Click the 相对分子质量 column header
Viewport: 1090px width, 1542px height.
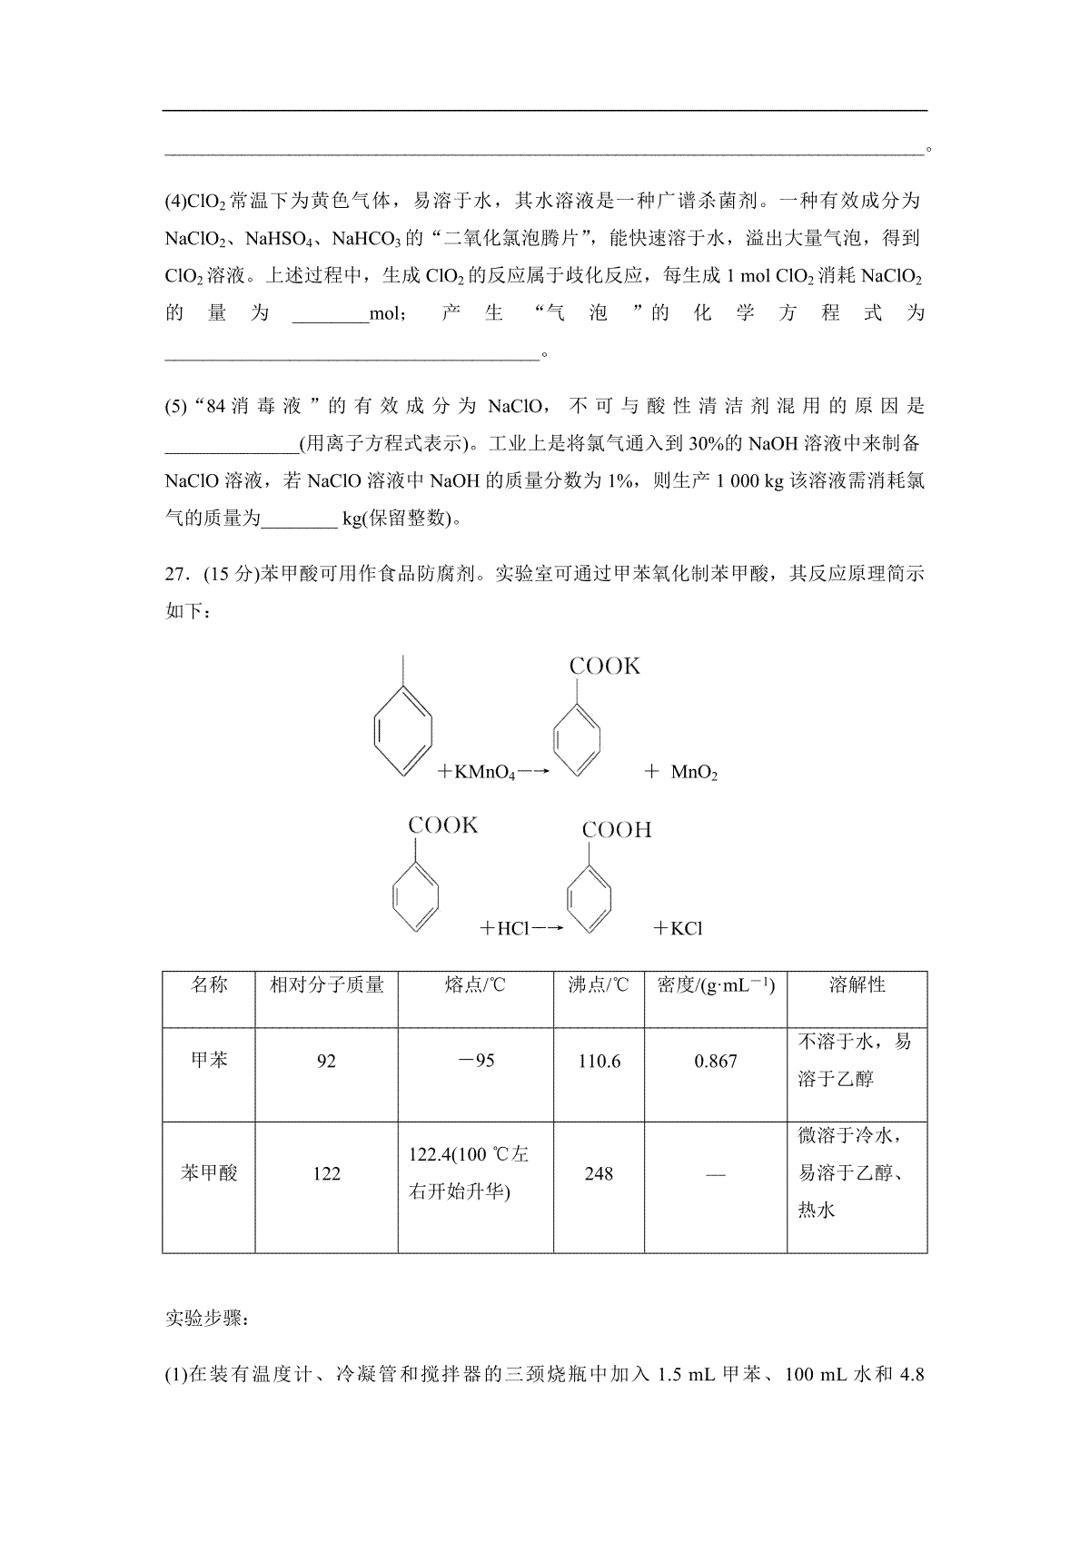pos(327,985)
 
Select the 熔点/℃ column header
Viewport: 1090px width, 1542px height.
pos(475,985)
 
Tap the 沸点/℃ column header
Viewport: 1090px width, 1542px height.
pos(599,985)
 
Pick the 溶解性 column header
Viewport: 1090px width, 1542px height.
pos(857,985)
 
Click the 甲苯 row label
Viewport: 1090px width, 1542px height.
pos(209,1061)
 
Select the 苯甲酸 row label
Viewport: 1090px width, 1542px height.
pos(209,1173)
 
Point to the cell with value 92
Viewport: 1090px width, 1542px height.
pos(326,1062)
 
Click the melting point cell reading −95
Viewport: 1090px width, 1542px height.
pos(475,1061)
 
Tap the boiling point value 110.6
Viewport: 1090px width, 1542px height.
pos(599,1062)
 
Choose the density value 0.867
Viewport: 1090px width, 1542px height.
pos(716,1062)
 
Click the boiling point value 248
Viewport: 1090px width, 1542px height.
pos(599,1174)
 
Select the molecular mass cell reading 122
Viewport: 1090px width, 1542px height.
pos(326,1174)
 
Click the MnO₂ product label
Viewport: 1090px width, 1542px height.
pos(694,774)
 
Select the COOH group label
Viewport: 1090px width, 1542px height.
pos(617,830)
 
